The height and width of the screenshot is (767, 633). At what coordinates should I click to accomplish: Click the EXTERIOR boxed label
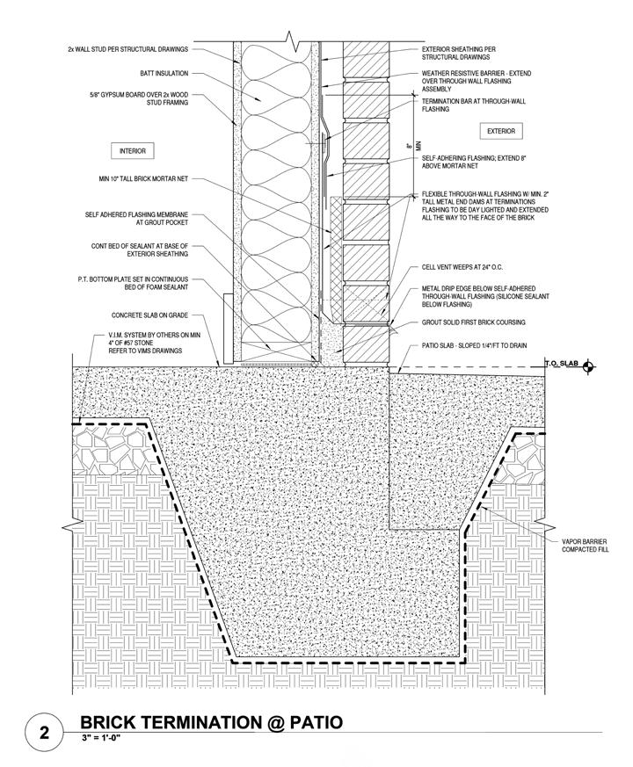pos(501,131)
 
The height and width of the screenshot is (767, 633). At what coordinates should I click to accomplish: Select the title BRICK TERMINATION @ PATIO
pos(211,723)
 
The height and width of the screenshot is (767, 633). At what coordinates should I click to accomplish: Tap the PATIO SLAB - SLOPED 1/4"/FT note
pos(474,345)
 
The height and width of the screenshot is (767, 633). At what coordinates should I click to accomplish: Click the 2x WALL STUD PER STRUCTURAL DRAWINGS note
pos(132,49)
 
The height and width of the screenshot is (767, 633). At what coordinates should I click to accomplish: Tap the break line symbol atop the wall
pos(291,39)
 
